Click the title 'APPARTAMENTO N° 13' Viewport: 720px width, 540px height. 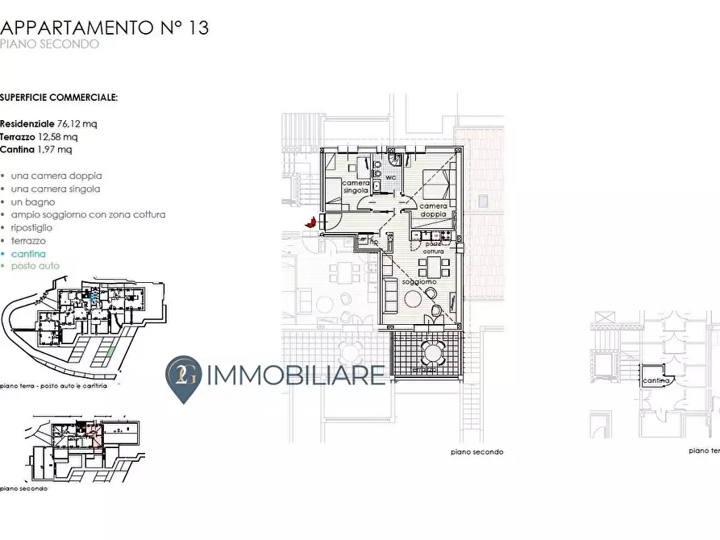(105, 27)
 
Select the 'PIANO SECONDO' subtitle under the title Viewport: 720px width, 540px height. (50, 44)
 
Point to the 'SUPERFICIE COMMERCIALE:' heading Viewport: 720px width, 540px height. (59, 98)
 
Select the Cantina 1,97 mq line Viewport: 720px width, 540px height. (36, 150)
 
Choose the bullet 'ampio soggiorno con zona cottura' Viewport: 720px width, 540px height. (88, 215)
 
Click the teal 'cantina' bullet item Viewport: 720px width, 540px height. (28, 254)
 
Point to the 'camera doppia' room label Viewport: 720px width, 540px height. (433, 210)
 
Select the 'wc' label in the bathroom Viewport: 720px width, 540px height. (389, 177)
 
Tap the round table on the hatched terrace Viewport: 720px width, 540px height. (433, 352)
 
